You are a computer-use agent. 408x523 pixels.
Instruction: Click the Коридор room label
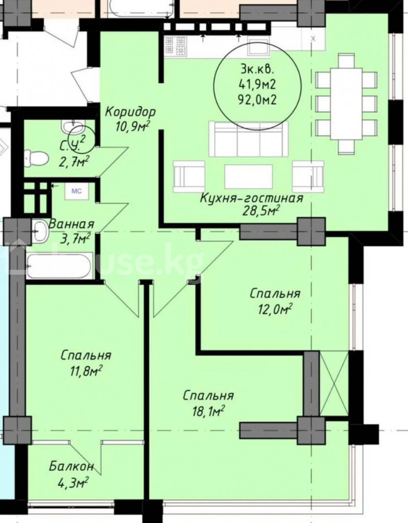pyautogui.click(x=130, y=112)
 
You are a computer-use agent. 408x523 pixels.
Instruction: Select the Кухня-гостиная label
pyautogui.click(x=251, y=198)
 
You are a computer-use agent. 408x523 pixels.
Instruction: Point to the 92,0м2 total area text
pyautogui.click(x=257, y=100)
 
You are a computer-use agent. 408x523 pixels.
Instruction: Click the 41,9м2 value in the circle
pyautogui.click(x=257, y=85)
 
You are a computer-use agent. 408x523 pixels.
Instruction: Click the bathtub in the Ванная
pyautogui.click(x=59, y=266)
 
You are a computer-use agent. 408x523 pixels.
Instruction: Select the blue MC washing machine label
pyautogui.click(x=77, y=191)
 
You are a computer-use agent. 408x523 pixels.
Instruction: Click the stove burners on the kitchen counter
pyautogui.click(x=175, y=45)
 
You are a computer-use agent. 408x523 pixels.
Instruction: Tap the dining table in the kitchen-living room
pyautogui.click(x=346, y=104)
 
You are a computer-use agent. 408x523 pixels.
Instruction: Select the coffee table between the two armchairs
pyautogui.click(x=248, y=176)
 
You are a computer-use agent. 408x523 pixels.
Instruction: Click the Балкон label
pyautogui.click(x=71, y=466)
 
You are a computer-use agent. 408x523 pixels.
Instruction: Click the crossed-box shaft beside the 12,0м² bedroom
pyautogui.click(x=334, y=384)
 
